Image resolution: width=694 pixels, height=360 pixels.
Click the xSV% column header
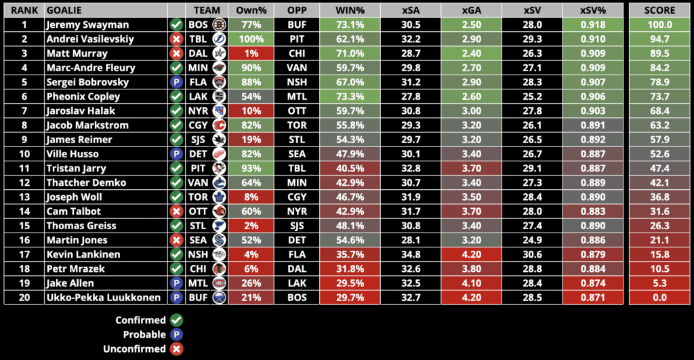590,10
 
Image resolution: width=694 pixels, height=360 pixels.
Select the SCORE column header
660,10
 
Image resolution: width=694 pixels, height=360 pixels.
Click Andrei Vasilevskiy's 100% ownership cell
251,39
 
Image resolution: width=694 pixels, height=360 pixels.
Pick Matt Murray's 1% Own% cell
251,53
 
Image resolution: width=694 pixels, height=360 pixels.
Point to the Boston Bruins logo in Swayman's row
219,24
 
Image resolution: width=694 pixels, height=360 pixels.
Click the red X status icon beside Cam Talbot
176,212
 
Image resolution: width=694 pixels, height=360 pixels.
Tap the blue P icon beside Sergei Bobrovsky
176,82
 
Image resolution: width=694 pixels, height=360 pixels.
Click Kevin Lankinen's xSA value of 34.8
411,255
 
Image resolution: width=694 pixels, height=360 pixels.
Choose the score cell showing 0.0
660,298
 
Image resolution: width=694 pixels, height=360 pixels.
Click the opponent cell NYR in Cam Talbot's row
297,212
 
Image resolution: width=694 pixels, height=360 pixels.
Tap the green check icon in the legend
177,320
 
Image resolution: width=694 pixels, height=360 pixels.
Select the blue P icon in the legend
177,334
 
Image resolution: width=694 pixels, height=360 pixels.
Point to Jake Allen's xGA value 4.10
471,283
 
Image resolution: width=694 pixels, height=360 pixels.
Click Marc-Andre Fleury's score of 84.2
660,68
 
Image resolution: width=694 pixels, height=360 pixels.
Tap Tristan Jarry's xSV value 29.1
531,168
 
